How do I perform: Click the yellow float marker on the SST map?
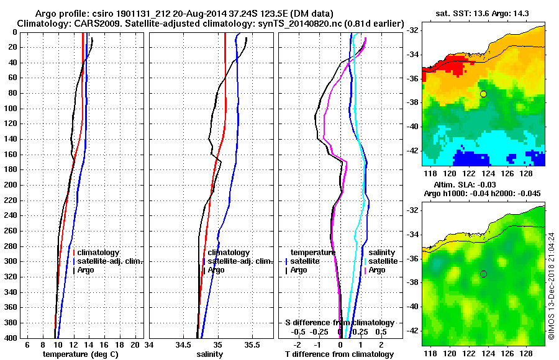(x=483, y=94)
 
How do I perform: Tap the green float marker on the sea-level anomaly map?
(x=483, y=274)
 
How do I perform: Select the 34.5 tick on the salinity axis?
(x=183, y=344)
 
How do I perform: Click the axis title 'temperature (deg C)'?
(x=81, y=354)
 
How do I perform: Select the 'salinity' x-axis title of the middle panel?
(x=209, y=354)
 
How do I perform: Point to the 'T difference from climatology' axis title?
(x=339, y=354)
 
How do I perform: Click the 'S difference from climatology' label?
(x=339, y=323)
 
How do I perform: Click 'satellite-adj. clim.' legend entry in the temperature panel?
(x=109, y=261)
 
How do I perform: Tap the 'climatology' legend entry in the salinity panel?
(x=229, y=253)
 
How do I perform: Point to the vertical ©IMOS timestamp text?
(x=551, y=286)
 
